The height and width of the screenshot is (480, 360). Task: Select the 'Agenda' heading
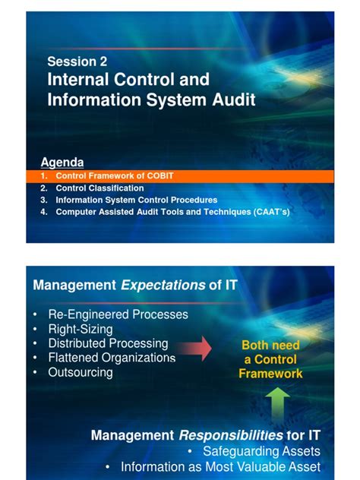(x=62, y=163)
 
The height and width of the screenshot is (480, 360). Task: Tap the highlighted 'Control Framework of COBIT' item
(x=115, y=175)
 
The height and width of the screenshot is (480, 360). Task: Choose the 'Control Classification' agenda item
(x=99, y=188)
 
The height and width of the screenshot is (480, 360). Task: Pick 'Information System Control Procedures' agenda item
(x=136, y=200)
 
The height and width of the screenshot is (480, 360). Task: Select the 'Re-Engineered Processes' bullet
(x=118, y=314)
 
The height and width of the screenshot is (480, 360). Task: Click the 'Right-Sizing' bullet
(x=80, y=329)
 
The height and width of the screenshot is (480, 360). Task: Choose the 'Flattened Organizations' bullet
(x=112, y=358)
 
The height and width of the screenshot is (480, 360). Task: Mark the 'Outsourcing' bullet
(x=81, y=372)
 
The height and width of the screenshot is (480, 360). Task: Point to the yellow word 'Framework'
(x=270, y=373)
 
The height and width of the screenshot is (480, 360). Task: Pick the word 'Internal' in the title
(x=77, y=80)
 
